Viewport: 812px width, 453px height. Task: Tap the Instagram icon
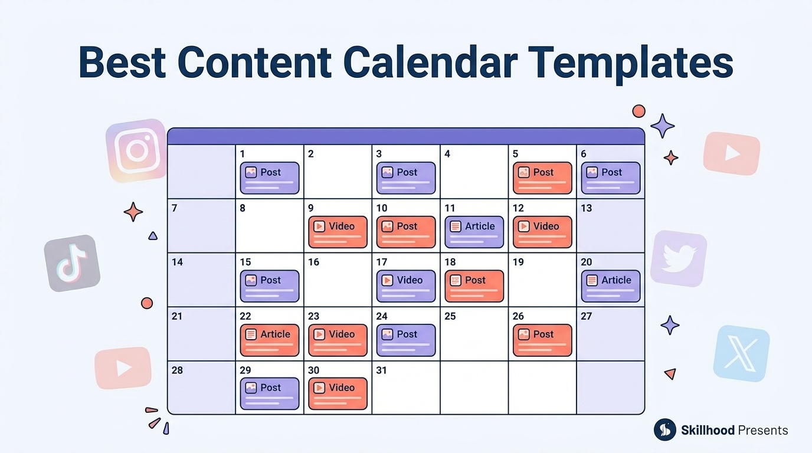(x=136, y=150)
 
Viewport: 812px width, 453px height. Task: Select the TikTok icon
(x=72, y=263)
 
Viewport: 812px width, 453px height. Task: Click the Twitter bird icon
(x=679, y=259)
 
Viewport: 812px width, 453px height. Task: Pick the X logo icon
(x=741, y=353)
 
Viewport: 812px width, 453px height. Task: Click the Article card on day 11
(x=474, y=232)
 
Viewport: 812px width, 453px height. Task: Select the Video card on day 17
(x=406, y=286)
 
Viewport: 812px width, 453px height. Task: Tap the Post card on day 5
(x=542, y=178)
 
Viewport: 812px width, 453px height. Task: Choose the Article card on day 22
(x=270, y=340)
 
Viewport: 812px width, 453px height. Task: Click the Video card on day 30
(x=338, y=393)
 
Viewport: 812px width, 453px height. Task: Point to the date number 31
(x=381, y=370)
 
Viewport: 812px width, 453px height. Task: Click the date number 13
(x=587, y=208)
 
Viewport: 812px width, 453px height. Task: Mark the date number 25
(x=450, y=316)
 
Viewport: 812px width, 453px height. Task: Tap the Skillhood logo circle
(x=665, y=430)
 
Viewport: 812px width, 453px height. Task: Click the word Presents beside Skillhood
(x=762, y=430)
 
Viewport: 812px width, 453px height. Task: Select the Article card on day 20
(x=610, y=286)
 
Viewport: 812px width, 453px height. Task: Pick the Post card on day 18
(x=474, y=286)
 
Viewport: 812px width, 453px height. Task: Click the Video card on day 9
(x=338, y=232)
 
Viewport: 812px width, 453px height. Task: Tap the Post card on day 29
(x=270, y=393)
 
